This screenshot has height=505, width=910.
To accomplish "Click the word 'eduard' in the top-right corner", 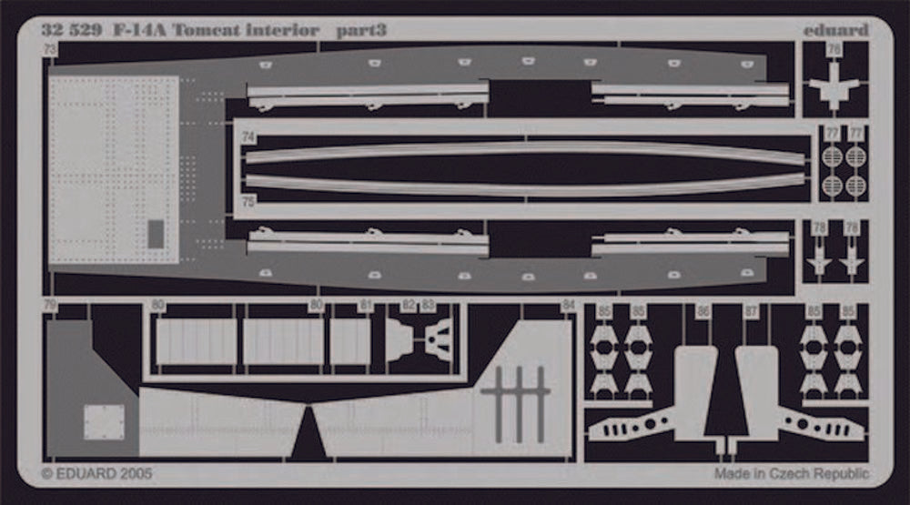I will tap(835, 30).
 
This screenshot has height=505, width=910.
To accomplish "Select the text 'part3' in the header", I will tap(361, 30).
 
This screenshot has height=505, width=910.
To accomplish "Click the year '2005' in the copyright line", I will tap(135, 474).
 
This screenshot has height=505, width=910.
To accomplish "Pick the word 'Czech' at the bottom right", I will tap(794, 474).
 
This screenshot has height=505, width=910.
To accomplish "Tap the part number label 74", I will tap(248, 137).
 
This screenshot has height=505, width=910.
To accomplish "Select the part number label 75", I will tap(248, 202).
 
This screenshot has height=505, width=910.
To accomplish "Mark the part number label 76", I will tap(834, 49).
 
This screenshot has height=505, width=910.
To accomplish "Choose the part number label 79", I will tap(50, 306).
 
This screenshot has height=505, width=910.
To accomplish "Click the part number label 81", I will tap(365, 306).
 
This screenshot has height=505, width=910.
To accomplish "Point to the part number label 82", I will tap(409, 306).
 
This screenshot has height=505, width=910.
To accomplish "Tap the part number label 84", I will tap(569, 306).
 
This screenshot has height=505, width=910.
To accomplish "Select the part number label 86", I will tap(703, 311).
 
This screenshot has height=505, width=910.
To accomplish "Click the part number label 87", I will tap(751, 311).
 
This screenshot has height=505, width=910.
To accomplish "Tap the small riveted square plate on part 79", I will tap(103, 422).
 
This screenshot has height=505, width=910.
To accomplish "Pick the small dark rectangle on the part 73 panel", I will tap(156, 234).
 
